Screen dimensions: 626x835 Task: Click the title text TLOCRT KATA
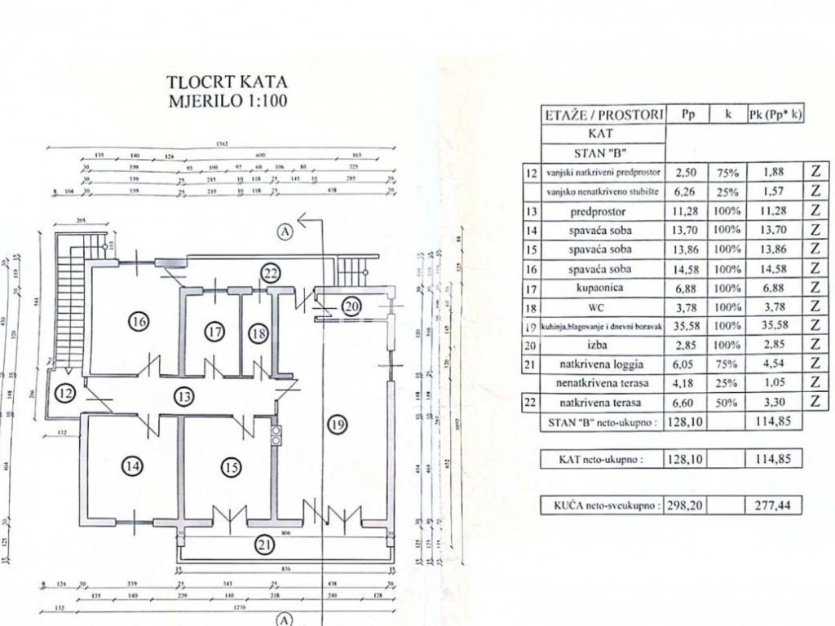point(228,82)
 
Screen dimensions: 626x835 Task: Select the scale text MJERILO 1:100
point(228,102)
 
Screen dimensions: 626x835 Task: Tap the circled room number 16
point(139,322)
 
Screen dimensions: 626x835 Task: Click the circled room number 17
point(214,333)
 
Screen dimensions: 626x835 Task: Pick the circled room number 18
point(259,333)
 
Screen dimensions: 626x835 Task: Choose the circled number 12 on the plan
point(65,395)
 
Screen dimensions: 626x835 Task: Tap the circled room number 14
point(132,467)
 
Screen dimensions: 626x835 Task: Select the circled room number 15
point(232,467)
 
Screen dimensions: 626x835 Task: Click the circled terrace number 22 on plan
point(271,272)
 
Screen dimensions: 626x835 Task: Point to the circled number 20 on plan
point(351,306)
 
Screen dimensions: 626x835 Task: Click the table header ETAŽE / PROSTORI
point(604,115)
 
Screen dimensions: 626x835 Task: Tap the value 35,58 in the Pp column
point(685,327)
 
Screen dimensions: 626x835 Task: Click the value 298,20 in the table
point(685,505)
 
